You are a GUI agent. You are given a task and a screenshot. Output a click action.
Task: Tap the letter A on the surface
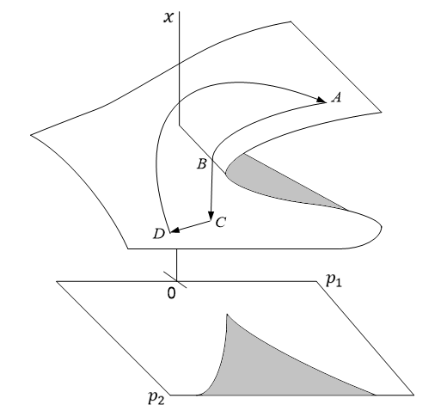pos(337,98)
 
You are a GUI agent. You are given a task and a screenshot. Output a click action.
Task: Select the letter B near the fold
pos(201,163)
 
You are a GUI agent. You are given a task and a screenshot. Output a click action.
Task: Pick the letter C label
pos(221,223)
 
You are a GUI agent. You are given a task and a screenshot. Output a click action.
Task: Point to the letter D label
pos(157,234)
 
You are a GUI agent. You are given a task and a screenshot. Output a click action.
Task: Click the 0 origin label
pos(171,293)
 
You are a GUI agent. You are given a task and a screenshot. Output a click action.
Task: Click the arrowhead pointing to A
pos(321,99)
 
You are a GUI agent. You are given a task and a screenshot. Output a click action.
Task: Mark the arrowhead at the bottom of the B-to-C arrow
pos(211,214)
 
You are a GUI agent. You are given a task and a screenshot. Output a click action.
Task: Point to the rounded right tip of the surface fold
pos(381,230)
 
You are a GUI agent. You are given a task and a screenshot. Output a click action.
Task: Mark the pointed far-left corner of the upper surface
pos(31,134)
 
